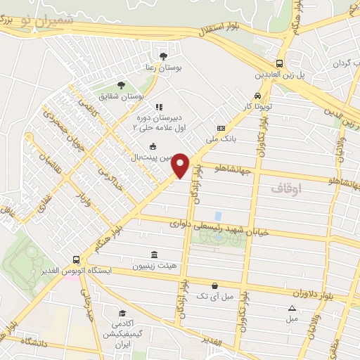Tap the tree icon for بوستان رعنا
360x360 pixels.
[x=164, y=56]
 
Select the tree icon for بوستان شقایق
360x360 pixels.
[x=121, y=84]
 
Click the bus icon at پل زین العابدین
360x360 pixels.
[x=280, y=62]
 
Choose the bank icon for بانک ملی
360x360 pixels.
[x=221, y=128]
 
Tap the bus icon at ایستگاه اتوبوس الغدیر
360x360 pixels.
[x=76, y=259]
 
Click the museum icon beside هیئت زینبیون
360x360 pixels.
[x=153, y=255]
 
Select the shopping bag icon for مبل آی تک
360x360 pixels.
[x=215, y=286]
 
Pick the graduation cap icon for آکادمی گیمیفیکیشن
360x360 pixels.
[x=122, y=313]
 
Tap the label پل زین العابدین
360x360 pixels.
[x=281, y=74]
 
